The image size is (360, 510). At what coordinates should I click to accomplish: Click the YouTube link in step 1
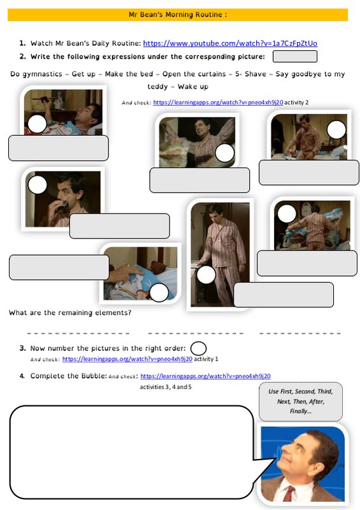point(230,43)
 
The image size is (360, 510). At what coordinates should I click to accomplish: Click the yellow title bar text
point(178,15)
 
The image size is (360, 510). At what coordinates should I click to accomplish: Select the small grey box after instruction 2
point(294,56)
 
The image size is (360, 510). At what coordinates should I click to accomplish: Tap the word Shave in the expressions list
point(256,74)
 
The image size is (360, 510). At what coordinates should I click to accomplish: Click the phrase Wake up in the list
point(193,87)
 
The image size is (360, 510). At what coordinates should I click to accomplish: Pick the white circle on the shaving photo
point(38,185)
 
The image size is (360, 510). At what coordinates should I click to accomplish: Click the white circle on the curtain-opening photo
point(225,153)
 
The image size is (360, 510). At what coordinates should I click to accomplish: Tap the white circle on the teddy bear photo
point(159,292)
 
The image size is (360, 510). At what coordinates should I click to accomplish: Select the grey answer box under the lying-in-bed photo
point(59,149)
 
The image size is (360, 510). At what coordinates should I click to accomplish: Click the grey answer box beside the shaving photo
point(120,226)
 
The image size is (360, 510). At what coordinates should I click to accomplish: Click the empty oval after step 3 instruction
point(198,348)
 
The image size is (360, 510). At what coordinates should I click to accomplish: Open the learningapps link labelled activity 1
point(127,359)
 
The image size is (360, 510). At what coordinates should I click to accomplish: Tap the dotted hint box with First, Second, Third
point(301,402)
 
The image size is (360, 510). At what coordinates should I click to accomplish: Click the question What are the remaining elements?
point(70,312)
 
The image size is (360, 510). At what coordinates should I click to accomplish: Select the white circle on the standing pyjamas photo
point(206,275)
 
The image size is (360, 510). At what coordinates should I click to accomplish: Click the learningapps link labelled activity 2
point(218,103)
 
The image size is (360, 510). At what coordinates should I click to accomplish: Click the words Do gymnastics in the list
point(36,74)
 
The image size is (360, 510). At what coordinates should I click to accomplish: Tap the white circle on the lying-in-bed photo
point(37,124)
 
